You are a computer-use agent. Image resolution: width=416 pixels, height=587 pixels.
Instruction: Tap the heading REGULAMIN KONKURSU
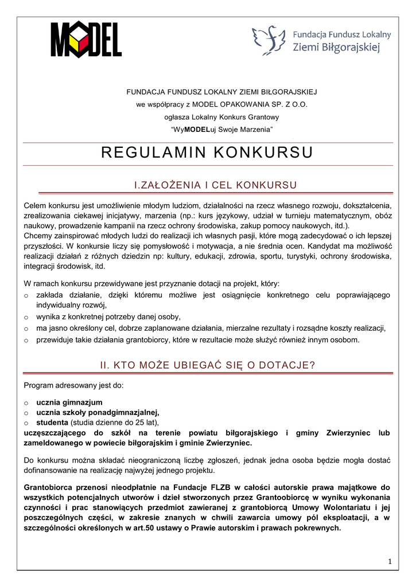(208, 152)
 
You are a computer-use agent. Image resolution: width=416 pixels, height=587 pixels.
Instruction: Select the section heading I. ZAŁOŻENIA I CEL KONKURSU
(208, 185)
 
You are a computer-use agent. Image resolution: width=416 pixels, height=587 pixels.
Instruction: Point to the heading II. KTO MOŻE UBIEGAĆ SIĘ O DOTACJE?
(208, 365)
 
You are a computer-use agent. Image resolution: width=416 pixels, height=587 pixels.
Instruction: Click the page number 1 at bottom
(390, 561)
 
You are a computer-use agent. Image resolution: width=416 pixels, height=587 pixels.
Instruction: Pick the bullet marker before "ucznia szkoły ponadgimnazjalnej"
(26, 413)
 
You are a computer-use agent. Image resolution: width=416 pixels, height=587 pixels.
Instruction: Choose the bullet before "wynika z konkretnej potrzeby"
(26, 317)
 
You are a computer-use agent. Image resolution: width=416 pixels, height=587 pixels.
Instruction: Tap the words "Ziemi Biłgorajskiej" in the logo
(336, 47)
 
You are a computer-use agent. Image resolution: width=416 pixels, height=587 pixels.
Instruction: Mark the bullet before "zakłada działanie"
(26, 296)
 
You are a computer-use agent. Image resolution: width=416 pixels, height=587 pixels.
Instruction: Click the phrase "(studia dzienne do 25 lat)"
(113, 422)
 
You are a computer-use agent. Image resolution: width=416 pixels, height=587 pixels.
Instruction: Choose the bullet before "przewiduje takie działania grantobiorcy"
(26, 341)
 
